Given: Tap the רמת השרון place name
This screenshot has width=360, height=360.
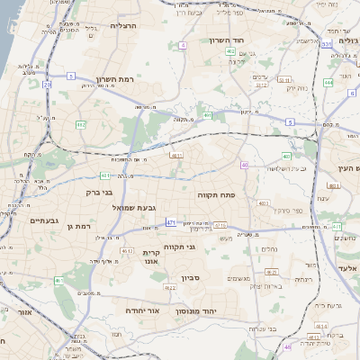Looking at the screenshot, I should tap(114, 79).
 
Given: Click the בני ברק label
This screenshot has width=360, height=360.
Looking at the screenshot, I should tap(99, 191).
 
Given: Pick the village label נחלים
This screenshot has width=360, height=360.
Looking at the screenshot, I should tap(268, 249).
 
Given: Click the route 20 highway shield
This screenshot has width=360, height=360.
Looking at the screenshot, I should tap(47, 85).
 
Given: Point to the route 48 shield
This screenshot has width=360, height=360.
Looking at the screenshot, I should tap(287, 346).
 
